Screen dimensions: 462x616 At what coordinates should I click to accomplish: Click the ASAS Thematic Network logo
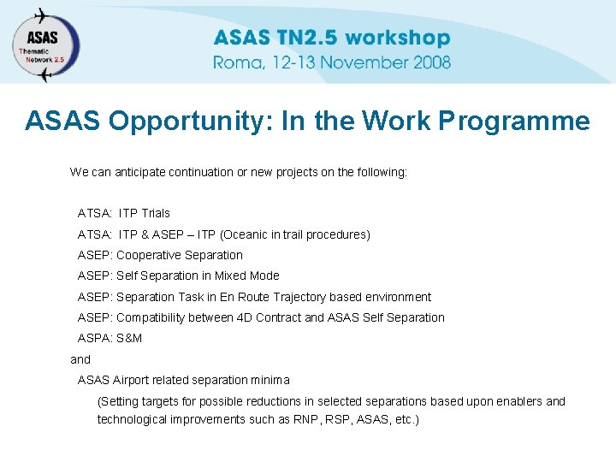pos(44,44)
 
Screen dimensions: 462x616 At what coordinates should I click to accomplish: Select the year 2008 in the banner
pos(430,62)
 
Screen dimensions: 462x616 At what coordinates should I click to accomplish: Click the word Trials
pos(156,213)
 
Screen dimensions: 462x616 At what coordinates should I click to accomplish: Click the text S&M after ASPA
pos(129,338)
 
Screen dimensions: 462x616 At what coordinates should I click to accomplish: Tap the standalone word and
pos(80,359)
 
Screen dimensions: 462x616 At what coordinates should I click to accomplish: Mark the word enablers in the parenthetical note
pos(520,401)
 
